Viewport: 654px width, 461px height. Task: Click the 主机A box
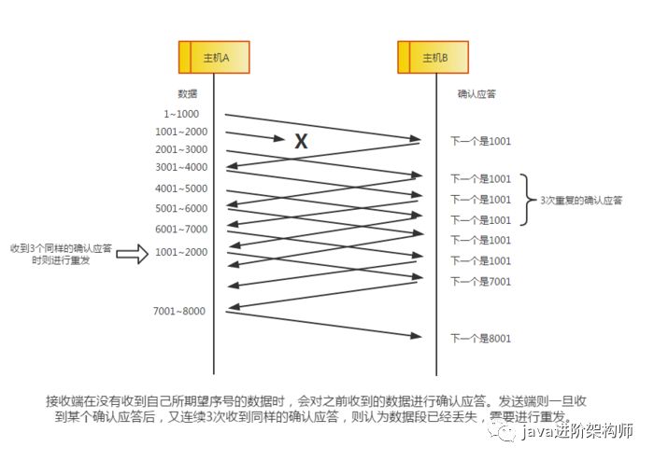pyautogui.click(x=214, y=58)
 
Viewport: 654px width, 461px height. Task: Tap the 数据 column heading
pyautogui.click(x=187, y=93)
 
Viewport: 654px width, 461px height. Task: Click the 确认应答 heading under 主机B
pyautogui.click(x=476, y=93)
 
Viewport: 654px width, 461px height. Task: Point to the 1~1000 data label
pyautogui.click(x=180, y=114)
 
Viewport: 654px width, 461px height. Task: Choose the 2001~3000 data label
pyautogui.click(x=181, y=149)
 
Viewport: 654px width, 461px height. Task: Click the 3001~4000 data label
pyautogui.click(x=181, y=167)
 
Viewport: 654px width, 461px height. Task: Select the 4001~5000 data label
pyautogui.click(x=181, y=189)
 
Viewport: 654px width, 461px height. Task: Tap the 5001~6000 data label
pyautogui.click(x=181, y=208)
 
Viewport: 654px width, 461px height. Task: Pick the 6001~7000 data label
pyautogui.click(x=181, y=229)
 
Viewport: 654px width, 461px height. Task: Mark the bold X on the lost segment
pyautogui.click(x=301, y=142)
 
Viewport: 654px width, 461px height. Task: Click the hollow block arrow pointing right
pyautogui.click(x=132, y=253)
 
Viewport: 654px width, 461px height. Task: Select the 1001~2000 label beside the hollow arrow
pyautogui.click(x=181, y=252)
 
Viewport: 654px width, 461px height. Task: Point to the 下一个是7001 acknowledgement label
pyautogui.click(x=481, y=281)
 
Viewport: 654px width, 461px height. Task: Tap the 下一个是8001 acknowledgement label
pyautogui.click(x=481, y=338)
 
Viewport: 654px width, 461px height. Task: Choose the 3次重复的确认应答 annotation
pyautogui.click(x=581, y=200)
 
